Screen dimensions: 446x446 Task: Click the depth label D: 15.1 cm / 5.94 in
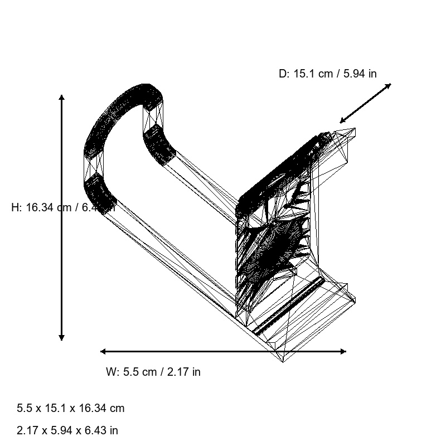point(327,73)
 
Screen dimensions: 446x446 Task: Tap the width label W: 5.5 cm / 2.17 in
point(153,372)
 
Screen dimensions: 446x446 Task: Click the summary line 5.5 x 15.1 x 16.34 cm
point(70,408)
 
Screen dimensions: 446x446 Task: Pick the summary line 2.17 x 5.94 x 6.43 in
point(67,430)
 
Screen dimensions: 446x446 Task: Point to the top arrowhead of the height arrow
point(61,98)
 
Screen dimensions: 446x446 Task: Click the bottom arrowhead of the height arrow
point(61,337)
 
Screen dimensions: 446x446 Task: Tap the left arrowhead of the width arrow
point(103,351)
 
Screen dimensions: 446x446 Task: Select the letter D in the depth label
point(283,73)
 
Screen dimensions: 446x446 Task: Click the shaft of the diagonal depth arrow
point(365,103)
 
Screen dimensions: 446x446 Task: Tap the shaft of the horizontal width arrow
point(223,351)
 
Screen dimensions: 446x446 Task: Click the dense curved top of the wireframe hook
point(120,106)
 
